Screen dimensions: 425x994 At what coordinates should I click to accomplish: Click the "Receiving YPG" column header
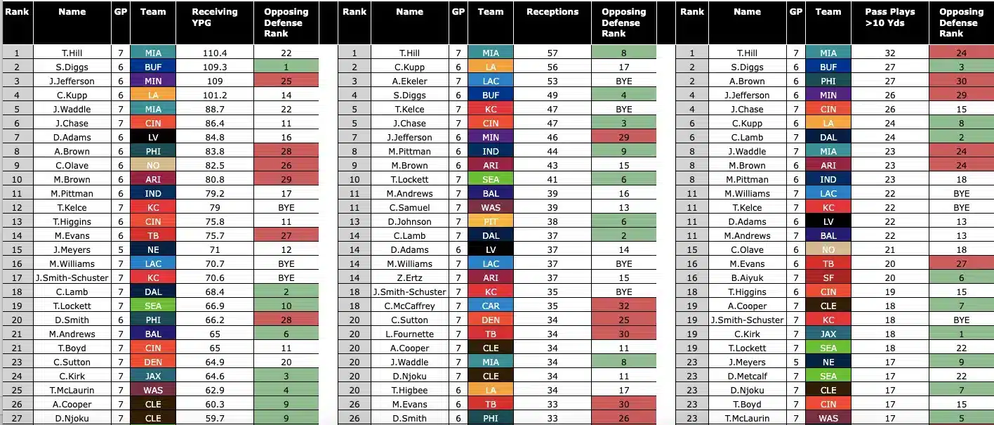[x=214, y=17]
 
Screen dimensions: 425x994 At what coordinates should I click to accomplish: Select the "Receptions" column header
[x=552, y=12]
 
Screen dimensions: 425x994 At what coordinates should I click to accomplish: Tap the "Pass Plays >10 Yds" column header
[x=890, y=17]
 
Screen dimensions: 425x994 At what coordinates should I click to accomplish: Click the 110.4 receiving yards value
[x=214, y=53]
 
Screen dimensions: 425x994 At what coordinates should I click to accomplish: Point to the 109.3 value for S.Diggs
[x=214, y=67]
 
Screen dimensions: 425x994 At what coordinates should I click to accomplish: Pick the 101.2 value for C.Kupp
[x=214, y=95]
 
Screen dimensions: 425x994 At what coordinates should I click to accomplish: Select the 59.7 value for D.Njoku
[x=214, y=418]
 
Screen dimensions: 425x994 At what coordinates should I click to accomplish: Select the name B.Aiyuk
[x=747, y=277]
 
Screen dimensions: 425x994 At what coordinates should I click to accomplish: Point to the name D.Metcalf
[x=747, y=376]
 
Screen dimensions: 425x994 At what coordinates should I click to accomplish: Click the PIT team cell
[x=491, y=221]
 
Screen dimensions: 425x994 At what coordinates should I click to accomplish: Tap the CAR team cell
[x=491, y=306]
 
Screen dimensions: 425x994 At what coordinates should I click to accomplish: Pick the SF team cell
[x=828, y=277]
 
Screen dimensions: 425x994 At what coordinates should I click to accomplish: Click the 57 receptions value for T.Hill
[x=552, y=53]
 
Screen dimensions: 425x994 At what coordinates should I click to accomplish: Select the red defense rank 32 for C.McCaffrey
[x=623, y=306]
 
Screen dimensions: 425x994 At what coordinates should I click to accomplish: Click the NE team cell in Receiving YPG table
[x=153, y=249]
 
